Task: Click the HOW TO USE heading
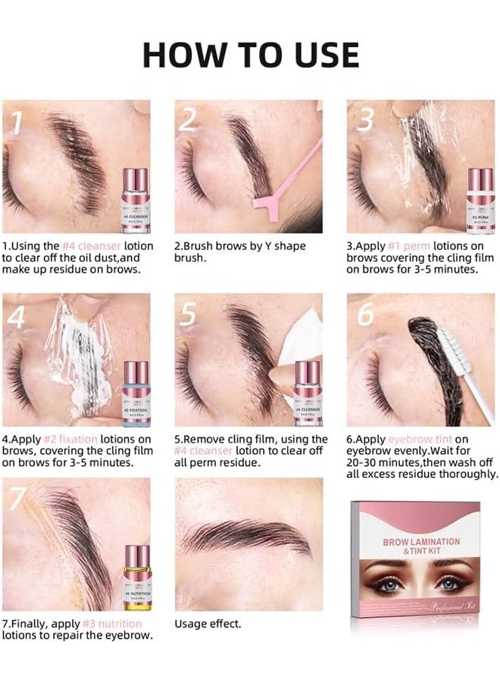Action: (x=250, y=55)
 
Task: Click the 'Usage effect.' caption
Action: (x=208, y=624)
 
